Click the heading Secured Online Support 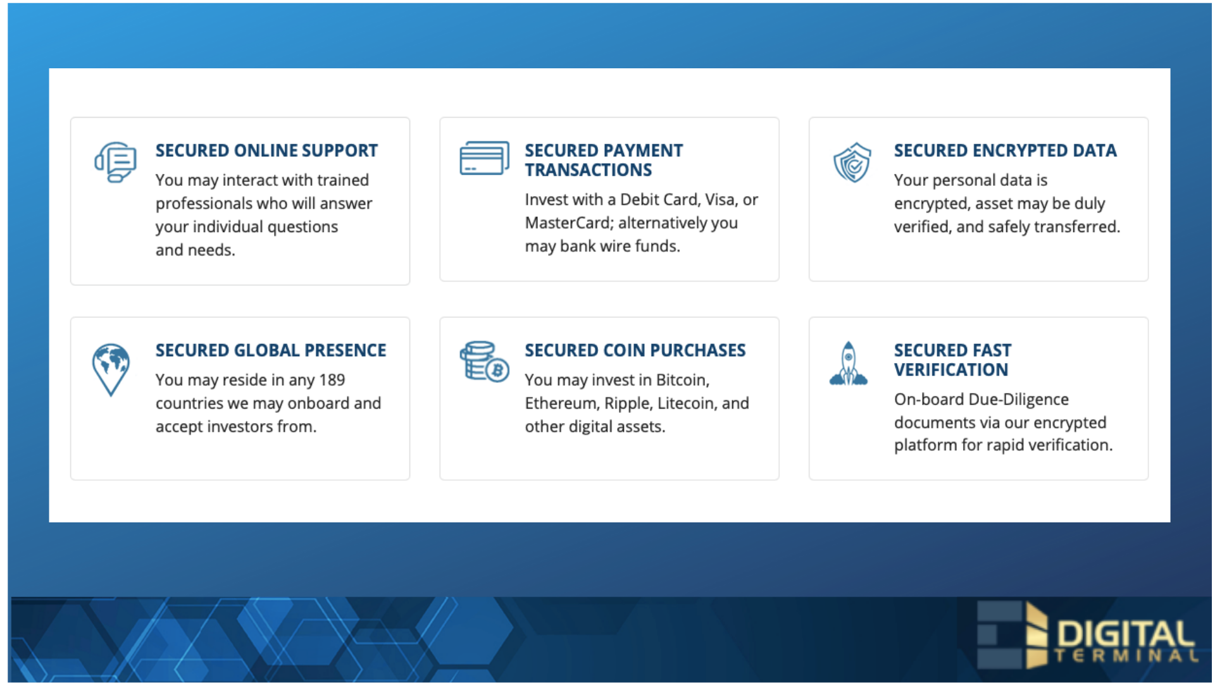tap(266, 151)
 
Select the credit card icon tap(485, 158)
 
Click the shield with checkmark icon tap(852, 163)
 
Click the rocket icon tap(849, 364)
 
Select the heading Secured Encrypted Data tap(1006, 151)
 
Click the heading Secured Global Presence tap(271, 350)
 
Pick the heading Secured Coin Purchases tap(635, 350)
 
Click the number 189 tap(332, 380)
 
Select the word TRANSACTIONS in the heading tap(589, 170)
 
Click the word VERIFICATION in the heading tap(951, 370)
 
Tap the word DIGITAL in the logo tap(1126, 634)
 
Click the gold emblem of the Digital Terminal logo tap(1036, 635)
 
